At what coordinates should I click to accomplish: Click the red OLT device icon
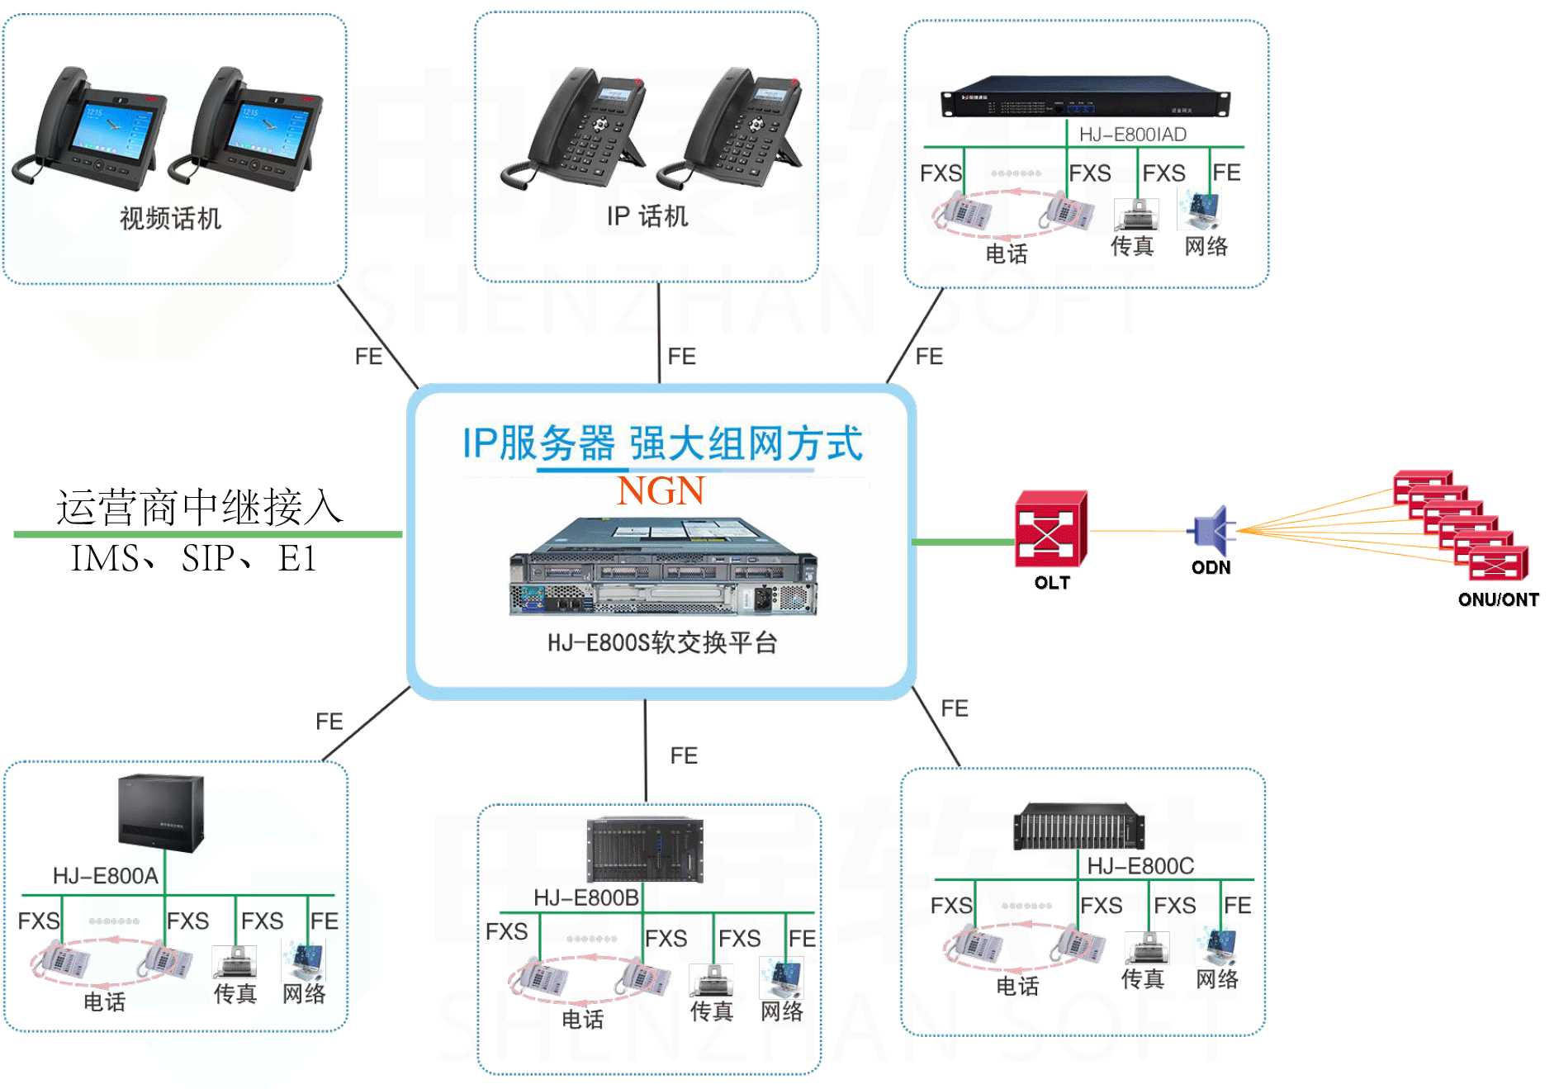[x=1050, y=529]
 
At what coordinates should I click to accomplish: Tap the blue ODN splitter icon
[x=1211, y=531]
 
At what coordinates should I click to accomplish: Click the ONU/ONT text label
[x=1498, y=599]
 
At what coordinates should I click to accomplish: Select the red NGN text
[x=661, y=491]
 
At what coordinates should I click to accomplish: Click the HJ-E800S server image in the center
[x=663, y=567]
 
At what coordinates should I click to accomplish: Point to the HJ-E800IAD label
[x=1132, y=135]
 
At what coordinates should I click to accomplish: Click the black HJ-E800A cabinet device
[x=161, y=813]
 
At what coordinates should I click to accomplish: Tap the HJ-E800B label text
[x=585, y=897]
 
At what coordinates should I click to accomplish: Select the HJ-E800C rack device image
[x=1079, y=826]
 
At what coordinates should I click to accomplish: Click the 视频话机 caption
[x=170, y=219]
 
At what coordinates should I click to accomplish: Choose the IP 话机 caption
[x=647, y=216]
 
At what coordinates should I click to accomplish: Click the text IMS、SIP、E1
[x=194, y=559]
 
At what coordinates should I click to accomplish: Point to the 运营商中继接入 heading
[x=199, y=507]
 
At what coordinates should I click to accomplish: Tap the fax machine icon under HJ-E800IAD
[x=1136, y=215]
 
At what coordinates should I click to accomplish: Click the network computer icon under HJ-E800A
[x=304, y=960]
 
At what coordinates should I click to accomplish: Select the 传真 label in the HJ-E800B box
[x=711, y=1011]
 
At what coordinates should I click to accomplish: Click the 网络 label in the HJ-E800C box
[x=1216, y=979]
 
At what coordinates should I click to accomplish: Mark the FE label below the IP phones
[x=681, y=357]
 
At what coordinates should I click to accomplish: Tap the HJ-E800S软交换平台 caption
[x=662, y=642]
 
